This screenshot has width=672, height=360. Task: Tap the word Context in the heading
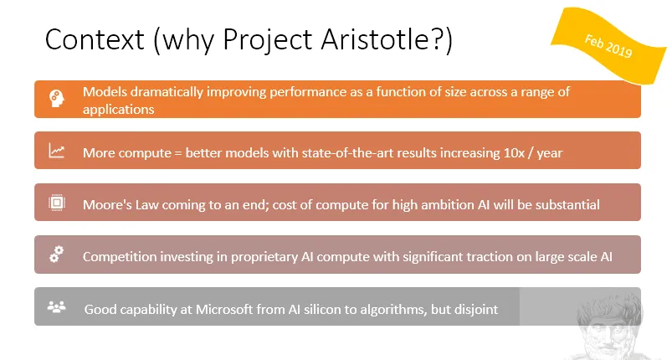95,39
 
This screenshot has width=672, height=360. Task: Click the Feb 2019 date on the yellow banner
608,46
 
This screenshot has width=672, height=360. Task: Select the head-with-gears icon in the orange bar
57,98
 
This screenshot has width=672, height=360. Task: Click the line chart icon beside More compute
57,151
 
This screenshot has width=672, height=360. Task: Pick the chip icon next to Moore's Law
57,203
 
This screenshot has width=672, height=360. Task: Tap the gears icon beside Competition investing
57,255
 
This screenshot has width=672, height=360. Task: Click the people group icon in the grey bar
57,307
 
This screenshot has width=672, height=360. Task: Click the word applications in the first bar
118,110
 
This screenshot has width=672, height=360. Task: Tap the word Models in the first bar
105,92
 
